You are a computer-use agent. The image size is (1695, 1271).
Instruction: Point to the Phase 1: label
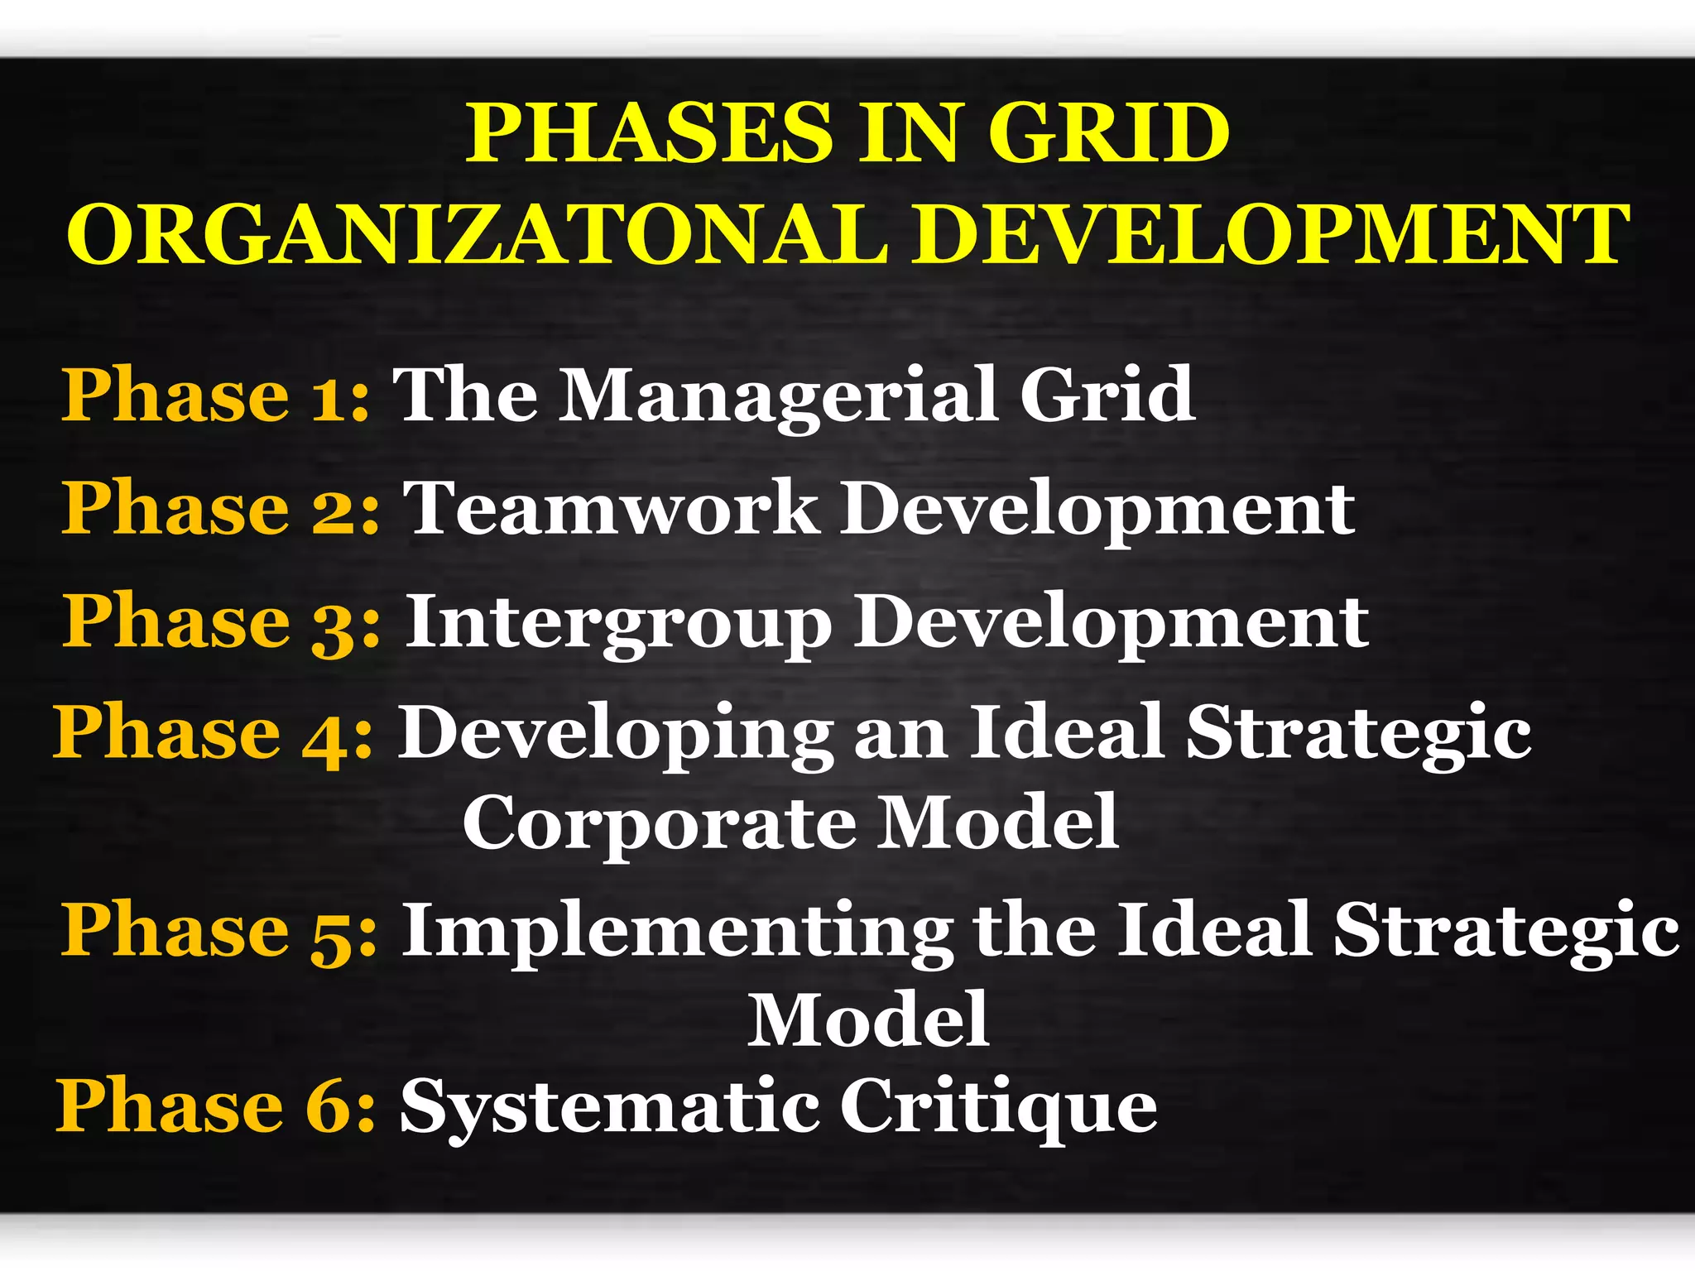(x=215, y=396)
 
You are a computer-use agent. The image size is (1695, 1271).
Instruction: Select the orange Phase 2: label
(x=220, y=508)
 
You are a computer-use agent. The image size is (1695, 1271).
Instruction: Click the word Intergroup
(x=617, y=622)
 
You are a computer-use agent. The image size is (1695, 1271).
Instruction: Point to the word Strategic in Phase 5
(x=1506, y=931)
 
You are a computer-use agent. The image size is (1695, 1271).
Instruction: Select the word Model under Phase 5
(x=868, y=1019)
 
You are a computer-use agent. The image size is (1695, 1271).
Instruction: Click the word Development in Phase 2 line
(x=1097, y=508)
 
